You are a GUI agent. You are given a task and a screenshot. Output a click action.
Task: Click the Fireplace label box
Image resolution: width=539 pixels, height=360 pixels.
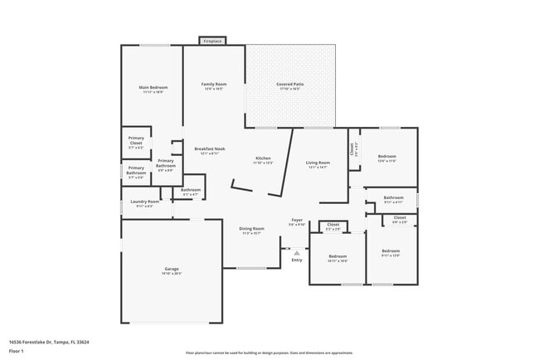pyautogui.click(x=212, y=40)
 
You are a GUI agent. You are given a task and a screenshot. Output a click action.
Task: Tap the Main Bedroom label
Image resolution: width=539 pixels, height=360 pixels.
pyautogui.click(x=153, y=88)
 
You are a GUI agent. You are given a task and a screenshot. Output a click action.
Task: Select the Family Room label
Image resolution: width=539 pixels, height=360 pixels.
pyautogui.click(x=214, y=85)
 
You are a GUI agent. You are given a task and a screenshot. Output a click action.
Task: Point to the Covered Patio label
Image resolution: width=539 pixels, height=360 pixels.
pyautogui.click(x=289, y=85)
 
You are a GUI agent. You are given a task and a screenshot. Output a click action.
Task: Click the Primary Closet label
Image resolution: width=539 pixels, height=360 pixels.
pyautogui.click(x=135, y=141)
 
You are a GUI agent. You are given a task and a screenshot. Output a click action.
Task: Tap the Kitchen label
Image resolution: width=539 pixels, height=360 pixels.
pyautogui.click(x=263, y=158)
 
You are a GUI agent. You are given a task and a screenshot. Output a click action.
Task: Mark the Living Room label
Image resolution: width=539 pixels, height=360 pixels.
pyautogui.click(x=318, y=163)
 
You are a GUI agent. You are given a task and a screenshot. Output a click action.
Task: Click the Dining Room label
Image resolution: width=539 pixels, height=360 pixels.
pyautogui.click(x=251, y=229)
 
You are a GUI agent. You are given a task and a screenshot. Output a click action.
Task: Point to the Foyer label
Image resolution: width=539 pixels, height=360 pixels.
pyautogui.click(x=296, y=221)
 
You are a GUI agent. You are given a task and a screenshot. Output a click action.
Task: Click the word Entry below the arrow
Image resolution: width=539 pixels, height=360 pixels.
pyautogui.click(x=297, y=260)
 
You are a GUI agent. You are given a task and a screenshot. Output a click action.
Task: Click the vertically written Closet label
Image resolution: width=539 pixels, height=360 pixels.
pyautogui.click(x=352, y=149)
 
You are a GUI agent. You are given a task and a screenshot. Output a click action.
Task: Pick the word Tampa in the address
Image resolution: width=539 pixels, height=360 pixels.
pyautogui.click(x=61, y=341)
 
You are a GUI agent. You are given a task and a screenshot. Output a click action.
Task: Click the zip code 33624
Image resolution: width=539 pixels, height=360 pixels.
pyautogui.click(x=83, y=341)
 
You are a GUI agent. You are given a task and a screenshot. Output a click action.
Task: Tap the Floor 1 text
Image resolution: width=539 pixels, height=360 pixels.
pyautogui.click(x=17, y=351)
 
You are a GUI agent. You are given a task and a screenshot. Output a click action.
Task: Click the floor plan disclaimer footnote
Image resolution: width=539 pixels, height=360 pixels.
pyautogui.click(x=269, y=353)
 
